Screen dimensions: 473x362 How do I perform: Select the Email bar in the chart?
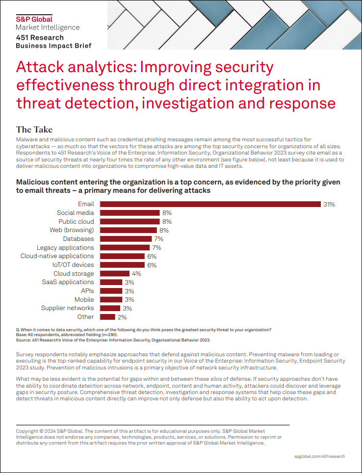210,204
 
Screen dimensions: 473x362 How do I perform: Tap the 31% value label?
329,204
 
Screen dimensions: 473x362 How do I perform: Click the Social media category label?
75,213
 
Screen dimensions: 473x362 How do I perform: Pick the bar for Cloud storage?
114,273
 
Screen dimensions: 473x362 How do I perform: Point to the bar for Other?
107,316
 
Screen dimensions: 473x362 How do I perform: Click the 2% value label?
122,317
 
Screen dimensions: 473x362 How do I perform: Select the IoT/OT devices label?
73,265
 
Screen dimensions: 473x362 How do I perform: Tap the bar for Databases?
125,239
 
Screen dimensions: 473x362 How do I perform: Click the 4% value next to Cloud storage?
136,274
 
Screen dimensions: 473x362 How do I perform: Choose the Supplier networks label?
67,308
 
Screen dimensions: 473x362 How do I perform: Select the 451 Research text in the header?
40,38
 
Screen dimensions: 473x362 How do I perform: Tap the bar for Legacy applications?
125,248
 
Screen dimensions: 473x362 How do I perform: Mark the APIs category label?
87,291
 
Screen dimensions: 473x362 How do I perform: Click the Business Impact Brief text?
53,46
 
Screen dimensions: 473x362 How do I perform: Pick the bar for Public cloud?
129,222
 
